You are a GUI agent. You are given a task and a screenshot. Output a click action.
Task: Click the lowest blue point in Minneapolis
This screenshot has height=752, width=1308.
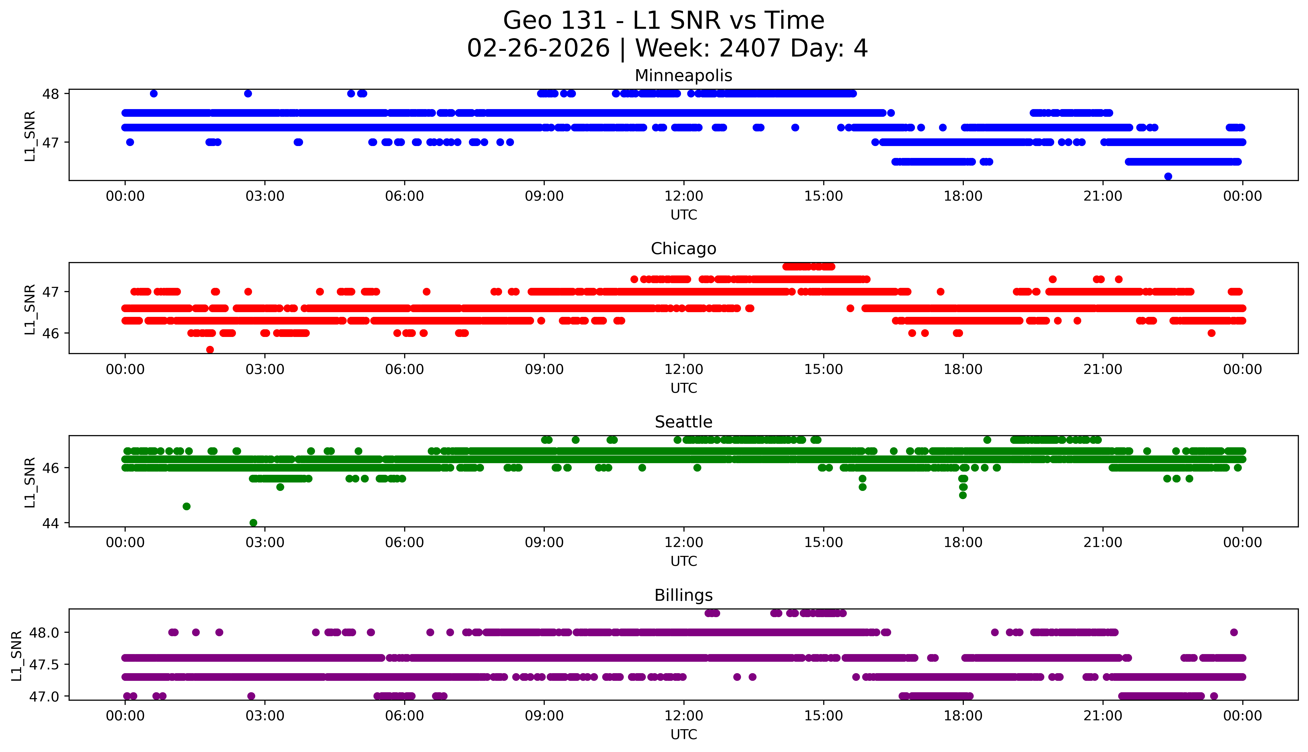click(x=1168, y=177)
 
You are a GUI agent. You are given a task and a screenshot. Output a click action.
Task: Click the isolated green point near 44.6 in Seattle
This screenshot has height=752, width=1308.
click(x=187, y=506)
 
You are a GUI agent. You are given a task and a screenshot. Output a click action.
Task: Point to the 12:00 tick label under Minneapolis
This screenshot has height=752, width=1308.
click(x=683, y=196)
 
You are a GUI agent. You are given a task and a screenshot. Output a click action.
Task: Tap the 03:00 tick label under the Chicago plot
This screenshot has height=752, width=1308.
click(x=265, y=369)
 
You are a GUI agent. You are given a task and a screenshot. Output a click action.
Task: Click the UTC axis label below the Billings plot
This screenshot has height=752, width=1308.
click(x=683, y=734)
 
